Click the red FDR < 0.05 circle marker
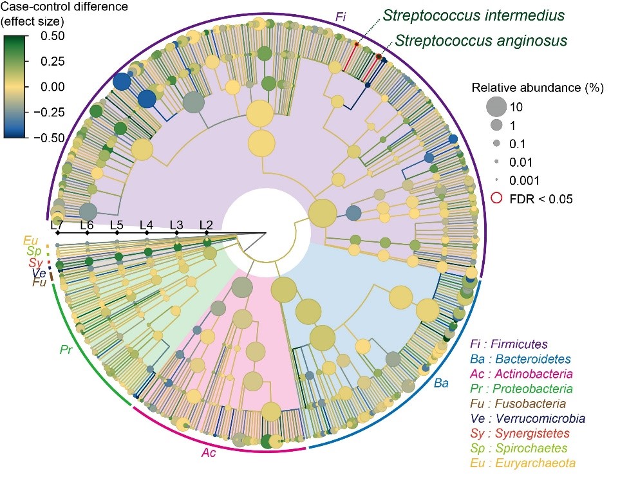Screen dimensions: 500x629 pyautogui.click(x=497, y=199)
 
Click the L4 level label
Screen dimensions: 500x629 pyautogui.click(x=147, y=225)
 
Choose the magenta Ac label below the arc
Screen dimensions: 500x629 pyautogui.click(x=208, y=454)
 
